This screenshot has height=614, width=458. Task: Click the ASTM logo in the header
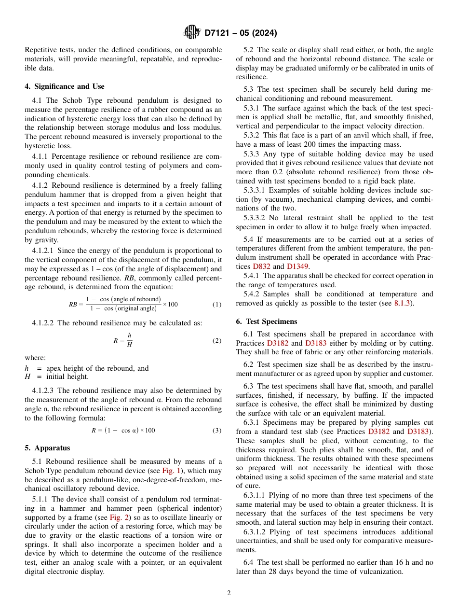pyautogui.click(x=192, y=33)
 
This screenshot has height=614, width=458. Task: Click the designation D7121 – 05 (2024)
pyautogui.click(x=241, y=33)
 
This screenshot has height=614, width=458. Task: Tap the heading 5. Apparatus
pyautogui.click(x=47, y=447)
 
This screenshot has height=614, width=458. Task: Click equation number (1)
pyautogui.click(x=217, y=305)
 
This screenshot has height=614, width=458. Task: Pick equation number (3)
pyautogui.click(x=217, y=430)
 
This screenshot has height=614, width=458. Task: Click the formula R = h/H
pyautogui.click(x=123, y=340)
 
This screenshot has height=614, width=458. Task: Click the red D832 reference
pyautogui.click(x=261, y=266)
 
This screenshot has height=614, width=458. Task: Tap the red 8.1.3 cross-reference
pyautogui.click(x=399, y=303)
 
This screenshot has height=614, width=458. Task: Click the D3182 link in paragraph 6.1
pyautogui.click(x=277, y=343)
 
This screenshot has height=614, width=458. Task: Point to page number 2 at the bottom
pyautogui.click(x=229, y=593)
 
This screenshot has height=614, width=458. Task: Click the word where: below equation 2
pyautogui.click(x=35, y=358)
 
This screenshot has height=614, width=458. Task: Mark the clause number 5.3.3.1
pyautogui.click(x=258, y=190)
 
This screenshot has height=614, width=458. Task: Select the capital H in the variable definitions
pyautogui.click(x=27, y=377)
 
